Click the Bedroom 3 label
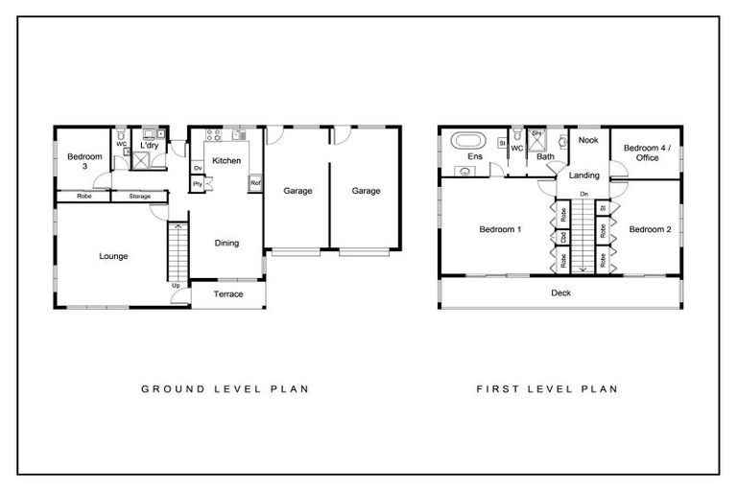click(78, 161)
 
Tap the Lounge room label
click(113, 256)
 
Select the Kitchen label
click(226, 160)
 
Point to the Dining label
click(226, 243)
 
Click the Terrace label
click(228, 294)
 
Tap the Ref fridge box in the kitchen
click(255, 182)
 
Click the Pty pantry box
click(197, 183)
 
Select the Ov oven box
click(197, 168)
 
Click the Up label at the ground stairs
click(176, 285)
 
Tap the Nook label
click(587, 140)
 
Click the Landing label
click(583, 175)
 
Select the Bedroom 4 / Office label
click(647, 152)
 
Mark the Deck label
click(561, 293)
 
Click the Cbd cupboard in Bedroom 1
click(564, 235)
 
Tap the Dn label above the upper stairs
click(583, 195)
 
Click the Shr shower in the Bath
click(537, 134)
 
